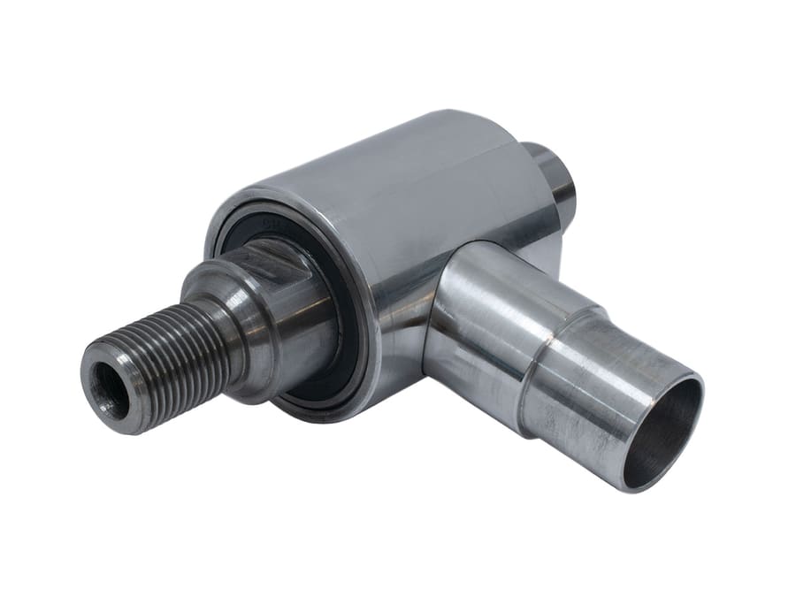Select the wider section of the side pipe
pyautogui.click(x=486, y=327)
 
